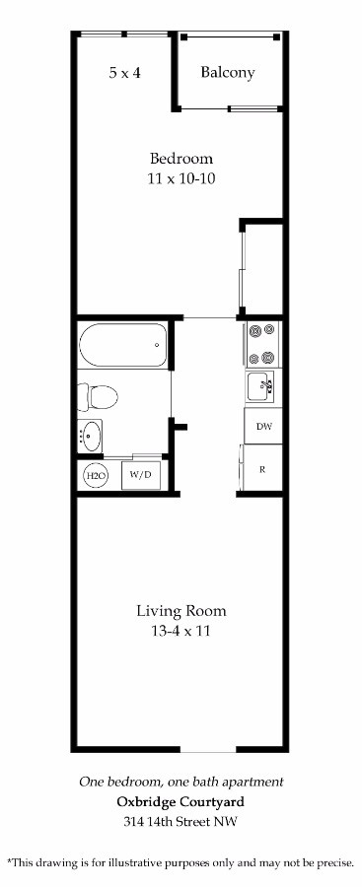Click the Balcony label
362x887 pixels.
227,72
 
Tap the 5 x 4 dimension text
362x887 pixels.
124,72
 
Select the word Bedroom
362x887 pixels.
181,158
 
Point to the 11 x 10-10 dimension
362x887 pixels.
181,178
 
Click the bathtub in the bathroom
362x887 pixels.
123,345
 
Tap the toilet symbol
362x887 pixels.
98,396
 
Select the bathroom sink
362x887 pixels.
90,437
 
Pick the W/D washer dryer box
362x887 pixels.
141,475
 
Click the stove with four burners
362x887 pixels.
262,344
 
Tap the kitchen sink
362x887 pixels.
260,386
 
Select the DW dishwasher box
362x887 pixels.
263,426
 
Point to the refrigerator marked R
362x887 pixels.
262,469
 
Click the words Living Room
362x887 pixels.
181,610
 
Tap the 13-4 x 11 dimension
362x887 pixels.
181,631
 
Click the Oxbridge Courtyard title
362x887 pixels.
181,802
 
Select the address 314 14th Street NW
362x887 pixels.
181,821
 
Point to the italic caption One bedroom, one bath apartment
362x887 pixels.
181,783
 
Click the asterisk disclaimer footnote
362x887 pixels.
181,862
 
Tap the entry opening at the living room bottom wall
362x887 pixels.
208,750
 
